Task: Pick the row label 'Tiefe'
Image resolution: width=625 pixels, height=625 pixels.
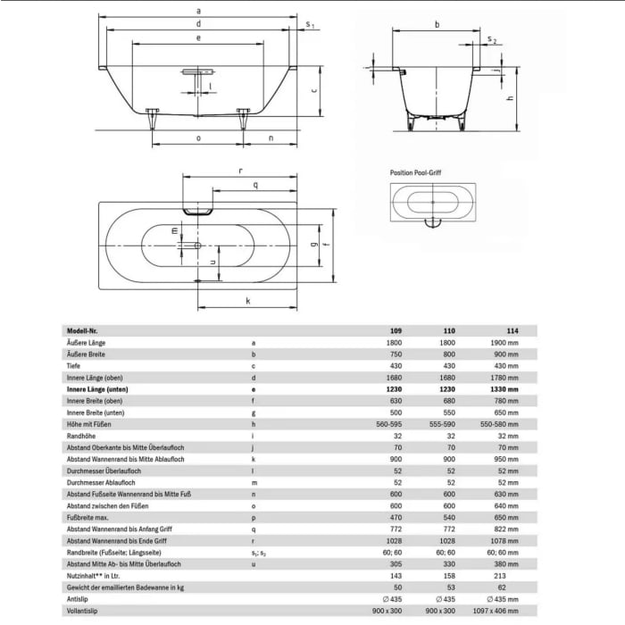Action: coord(75,365)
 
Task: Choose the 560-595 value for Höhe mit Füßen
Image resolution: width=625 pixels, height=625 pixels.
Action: coord(389,424)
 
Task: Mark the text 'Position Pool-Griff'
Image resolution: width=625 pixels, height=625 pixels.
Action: coord(421,171)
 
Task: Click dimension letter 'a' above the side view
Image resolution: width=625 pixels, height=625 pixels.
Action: coord(197,9)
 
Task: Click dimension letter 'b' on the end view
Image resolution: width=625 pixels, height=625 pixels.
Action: coord(437,25)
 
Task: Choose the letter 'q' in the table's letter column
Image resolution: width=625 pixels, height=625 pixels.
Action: coord(254,529)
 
